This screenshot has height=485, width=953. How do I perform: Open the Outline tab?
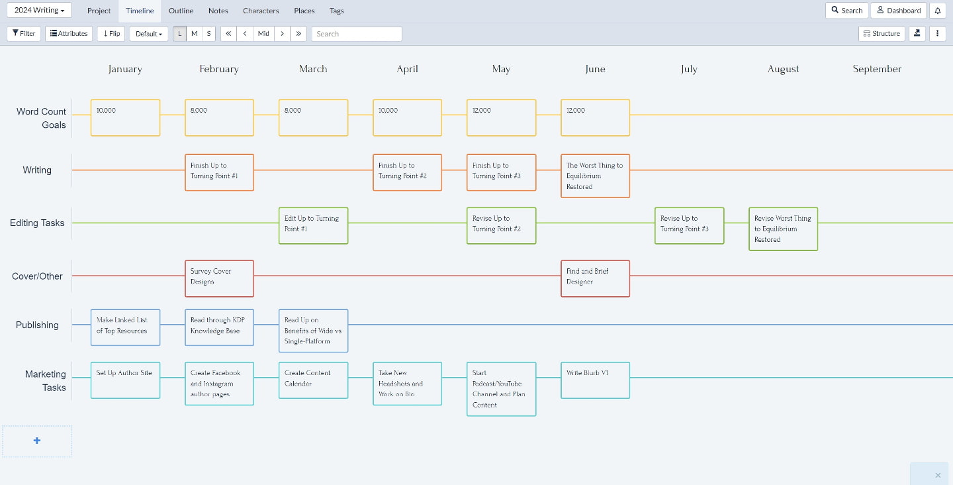tap(181, 11)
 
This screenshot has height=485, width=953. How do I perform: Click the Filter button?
tap(24, 34)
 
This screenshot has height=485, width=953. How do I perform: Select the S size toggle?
tap(208, 34)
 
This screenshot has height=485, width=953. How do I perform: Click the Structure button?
tap(882, 34)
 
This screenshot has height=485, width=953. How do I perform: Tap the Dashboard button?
tap(899, 10)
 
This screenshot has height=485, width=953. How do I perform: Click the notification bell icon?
tap(937, 10)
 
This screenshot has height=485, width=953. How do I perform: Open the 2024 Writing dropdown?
tap(39, 10)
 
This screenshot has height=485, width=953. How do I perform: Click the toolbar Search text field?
tap(357, 34)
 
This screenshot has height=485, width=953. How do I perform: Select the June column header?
tap(595, 69)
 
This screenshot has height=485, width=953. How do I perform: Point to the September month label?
tap(877, 69)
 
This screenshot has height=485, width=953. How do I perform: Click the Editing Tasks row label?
tap(37, 223)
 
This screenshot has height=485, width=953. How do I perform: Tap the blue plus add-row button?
tap(37, 441)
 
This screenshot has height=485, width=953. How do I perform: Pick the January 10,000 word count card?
tap(125, 118)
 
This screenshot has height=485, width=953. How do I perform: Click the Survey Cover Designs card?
tap(219, 278)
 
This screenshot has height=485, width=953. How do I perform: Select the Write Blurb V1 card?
tap(595, 380)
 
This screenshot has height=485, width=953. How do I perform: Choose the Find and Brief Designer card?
tap(595, 278)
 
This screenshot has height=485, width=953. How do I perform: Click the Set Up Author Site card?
tap(125, 380)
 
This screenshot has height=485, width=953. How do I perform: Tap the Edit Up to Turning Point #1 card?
tap(313, 226)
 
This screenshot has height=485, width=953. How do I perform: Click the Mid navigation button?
tap(263, 34)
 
